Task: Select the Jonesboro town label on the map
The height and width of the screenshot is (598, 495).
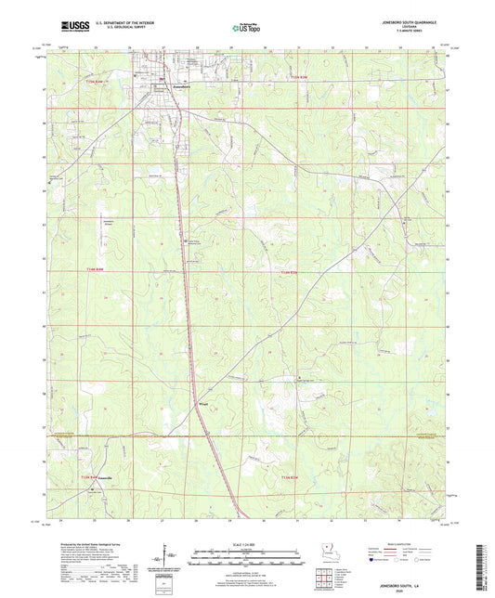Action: (x=163, y=87)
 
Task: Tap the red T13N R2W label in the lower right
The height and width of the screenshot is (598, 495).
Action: (x=291, y=476)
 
